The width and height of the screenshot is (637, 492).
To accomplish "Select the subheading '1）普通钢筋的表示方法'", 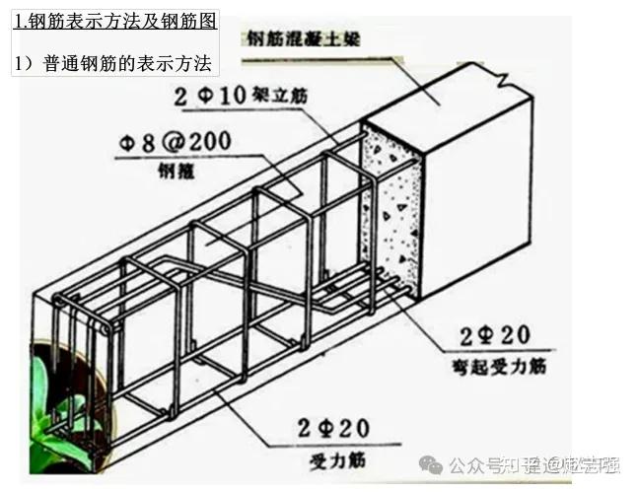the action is click(x=114, y=61).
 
